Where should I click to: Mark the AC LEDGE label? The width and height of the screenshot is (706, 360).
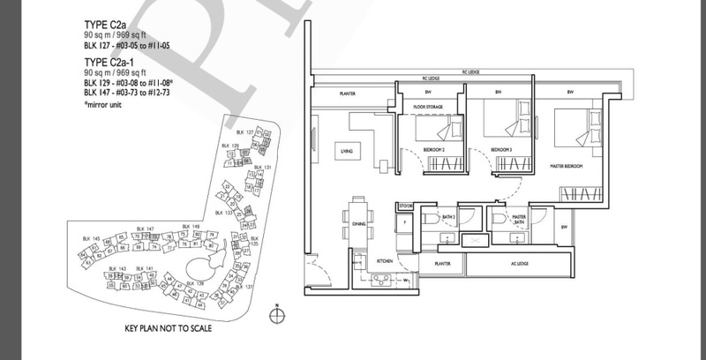point(512,263)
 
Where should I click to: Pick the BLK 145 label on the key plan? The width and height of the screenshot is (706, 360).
point(88,238)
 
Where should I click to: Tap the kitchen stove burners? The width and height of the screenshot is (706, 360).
point(381,281)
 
